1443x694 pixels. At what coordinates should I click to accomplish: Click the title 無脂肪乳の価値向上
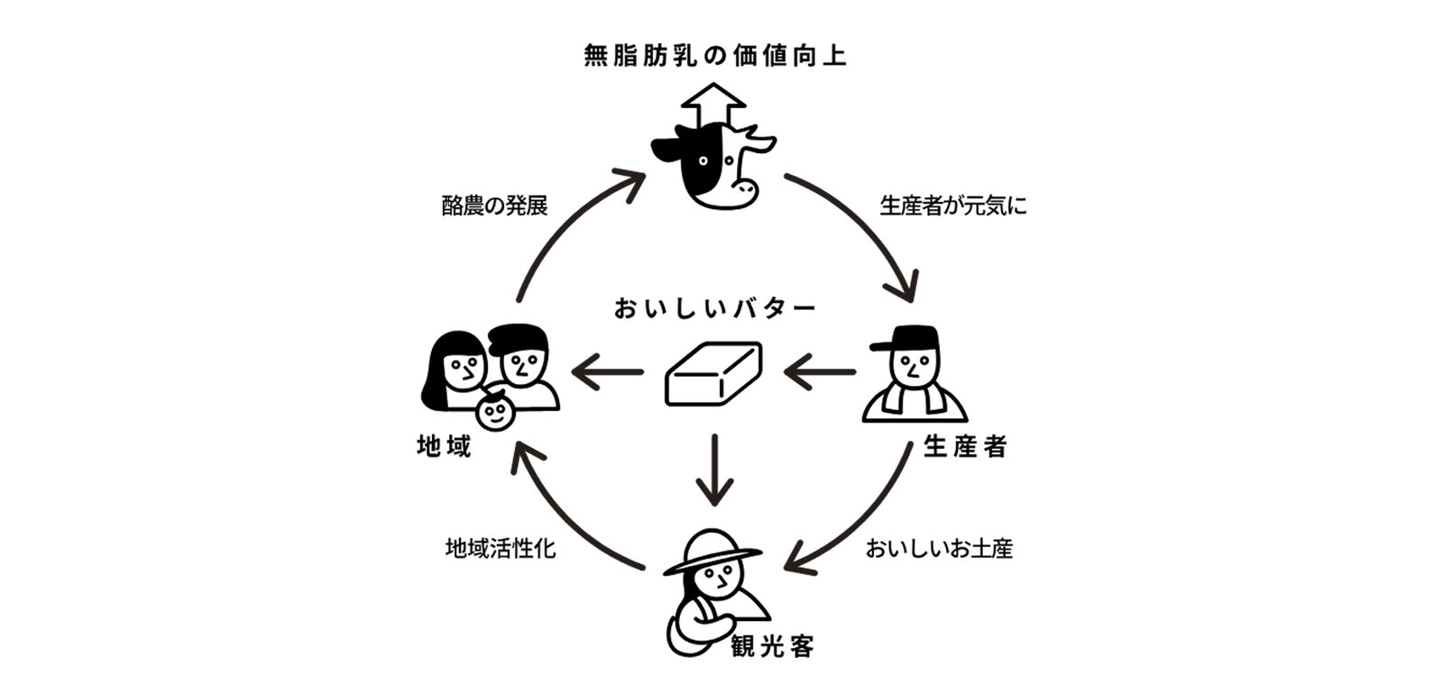pyautogui.click(x=714, y=57)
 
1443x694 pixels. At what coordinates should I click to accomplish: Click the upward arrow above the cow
pyautogui.click(x=713, y=104)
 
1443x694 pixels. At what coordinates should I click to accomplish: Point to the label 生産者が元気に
pyautogui.click(x=952, y=205)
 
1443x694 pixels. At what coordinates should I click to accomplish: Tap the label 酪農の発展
pyautogui.click(x=495, y=205)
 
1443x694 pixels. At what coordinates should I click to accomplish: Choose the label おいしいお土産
pyautogui.click(x=939, y=548)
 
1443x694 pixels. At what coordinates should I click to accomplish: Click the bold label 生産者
pyautogui.click(x=964, y=446)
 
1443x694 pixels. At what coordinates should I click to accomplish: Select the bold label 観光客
pyautogui.click(x=772, y=645)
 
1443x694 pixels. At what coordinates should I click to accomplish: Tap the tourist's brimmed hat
pyautogui.click(x=712, y=550)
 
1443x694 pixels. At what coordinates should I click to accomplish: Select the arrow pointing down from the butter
pyautogui.click(x=714, y=469)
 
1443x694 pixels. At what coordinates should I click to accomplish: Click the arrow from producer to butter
pyautogui.click(x=819, y=370)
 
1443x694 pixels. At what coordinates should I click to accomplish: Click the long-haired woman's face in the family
pyautogui.click(x=464, y=368)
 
